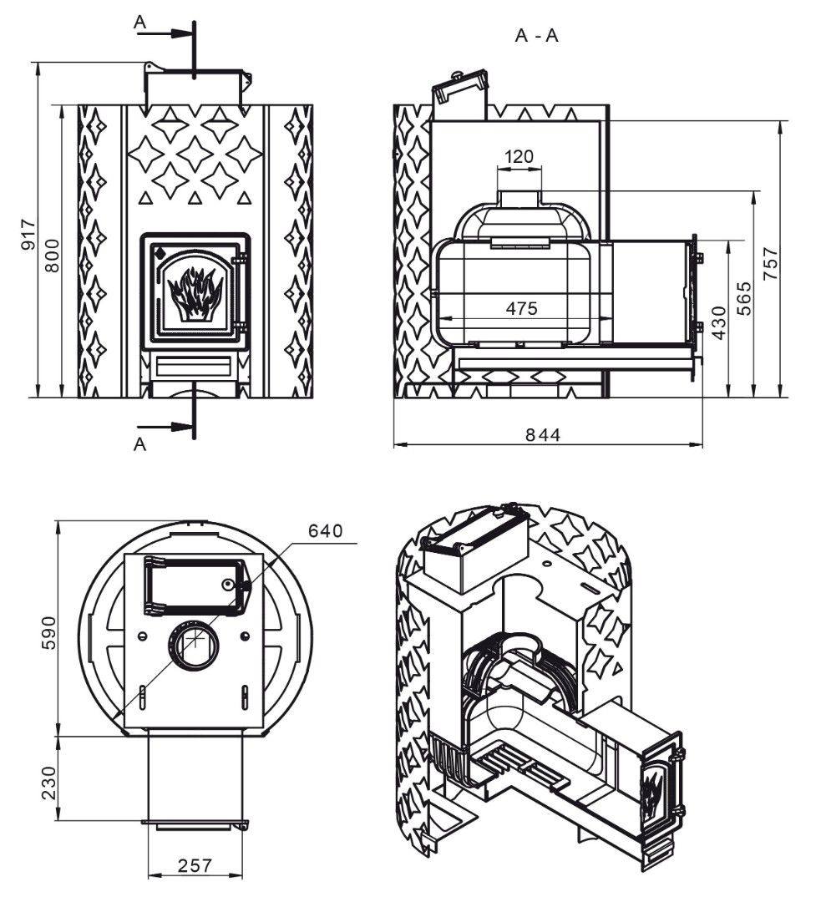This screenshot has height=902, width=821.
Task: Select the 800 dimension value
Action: (x=53, y=256)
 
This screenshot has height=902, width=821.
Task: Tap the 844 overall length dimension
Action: (x=543, y=435)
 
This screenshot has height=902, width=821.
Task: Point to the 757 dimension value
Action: (x=770, y=263)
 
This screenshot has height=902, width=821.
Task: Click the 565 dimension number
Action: (x=744, y=298)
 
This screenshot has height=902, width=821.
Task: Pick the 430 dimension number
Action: (x=719, y=322)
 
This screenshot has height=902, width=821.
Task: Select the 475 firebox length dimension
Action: (x=521, y=308)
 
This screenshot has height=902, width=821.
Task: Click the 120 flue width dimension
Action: (x=519, y=156)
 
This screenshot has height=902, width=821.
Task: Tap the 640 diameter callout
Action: (x=325, y=530)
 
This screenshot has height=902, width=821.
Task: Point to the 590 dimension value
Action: (x=49, y=632)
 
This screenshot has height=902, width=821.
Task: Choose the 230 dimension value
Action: (x=49, y=783)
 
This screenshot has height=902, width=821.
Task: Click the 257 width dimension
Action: (x=195, y=865)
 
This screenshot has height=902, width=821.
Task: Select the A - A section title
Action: (x=536, y=36)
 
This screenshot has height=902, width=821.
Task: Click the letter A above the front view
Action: (x=139, y=22)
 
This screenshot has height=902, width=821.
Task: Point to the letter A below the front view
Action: (x=139, y=444)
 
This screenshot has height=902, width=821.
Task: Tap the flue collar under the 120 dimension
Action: (x=519, y=199)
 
